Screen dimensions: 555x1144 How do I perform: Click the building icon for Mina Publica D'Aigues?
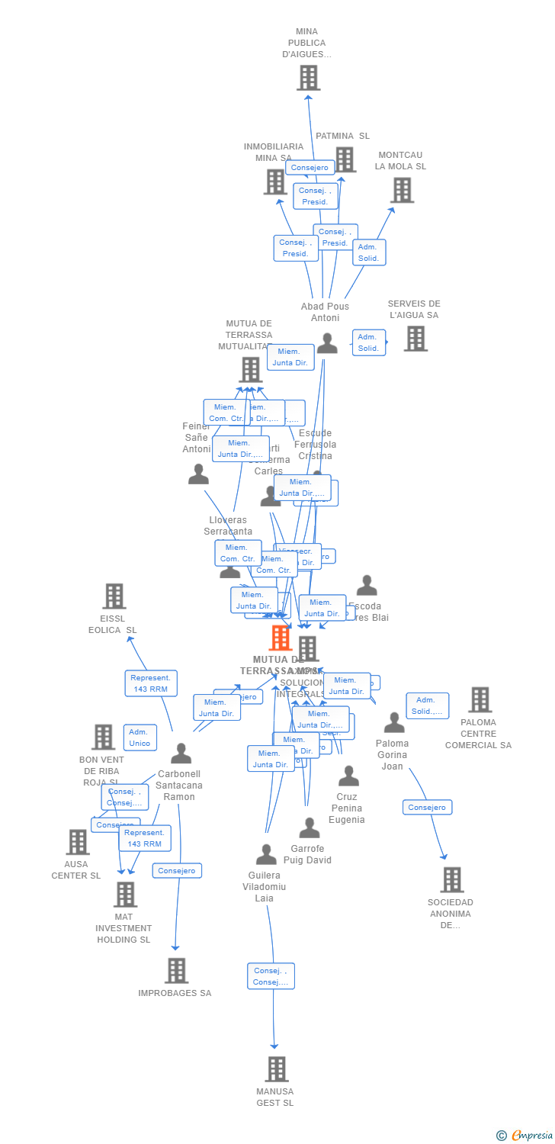point(308,78)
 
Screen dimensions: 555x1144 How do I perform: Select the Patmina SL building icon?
point(345,159)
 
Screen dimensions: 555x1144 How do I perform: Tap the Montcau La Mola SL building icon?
point(402,190)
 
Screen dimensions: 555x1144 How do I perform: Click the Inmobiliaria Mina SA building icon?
point(275,182)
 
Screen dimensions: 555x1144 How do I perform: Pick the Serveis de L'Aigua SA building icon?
point(415,339)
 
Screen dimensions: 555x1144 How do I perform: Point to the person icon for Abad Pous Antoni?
point(327,344)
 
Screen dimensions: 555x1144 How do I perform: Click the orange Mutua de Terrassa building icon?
point(281,638)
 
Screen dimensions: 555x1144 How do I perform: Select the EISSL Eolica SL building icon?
point(114,596)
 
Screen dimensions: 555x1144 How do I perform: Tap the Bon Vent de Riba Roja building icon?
point(103,737)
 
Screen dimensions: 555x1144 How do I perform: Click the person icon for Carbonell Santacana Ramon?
point(181,754)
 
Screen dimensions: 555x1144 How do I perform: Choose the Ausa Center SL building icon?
point(78,842)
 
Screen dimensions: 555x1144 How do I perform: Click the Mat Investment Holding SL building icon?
point(125,895)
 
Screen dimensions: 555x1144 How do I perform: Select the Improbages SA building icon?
point(176,970)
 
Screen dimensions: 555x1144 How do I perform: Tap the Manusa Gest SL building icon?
point(277,1069)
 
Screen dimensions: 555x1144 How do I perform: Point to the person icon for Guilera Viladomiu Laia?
point(266,855)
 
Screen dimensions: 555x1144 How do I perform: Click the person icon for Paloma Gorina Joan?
point(394,722)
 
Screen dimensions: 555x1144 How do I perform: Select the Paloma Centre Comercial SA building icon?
point(480,699)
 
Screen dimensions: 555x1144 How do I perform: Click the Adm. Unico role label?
point(140,737)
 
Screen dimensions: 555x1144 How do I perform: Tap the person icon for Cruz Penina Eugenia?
point(348,776)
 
